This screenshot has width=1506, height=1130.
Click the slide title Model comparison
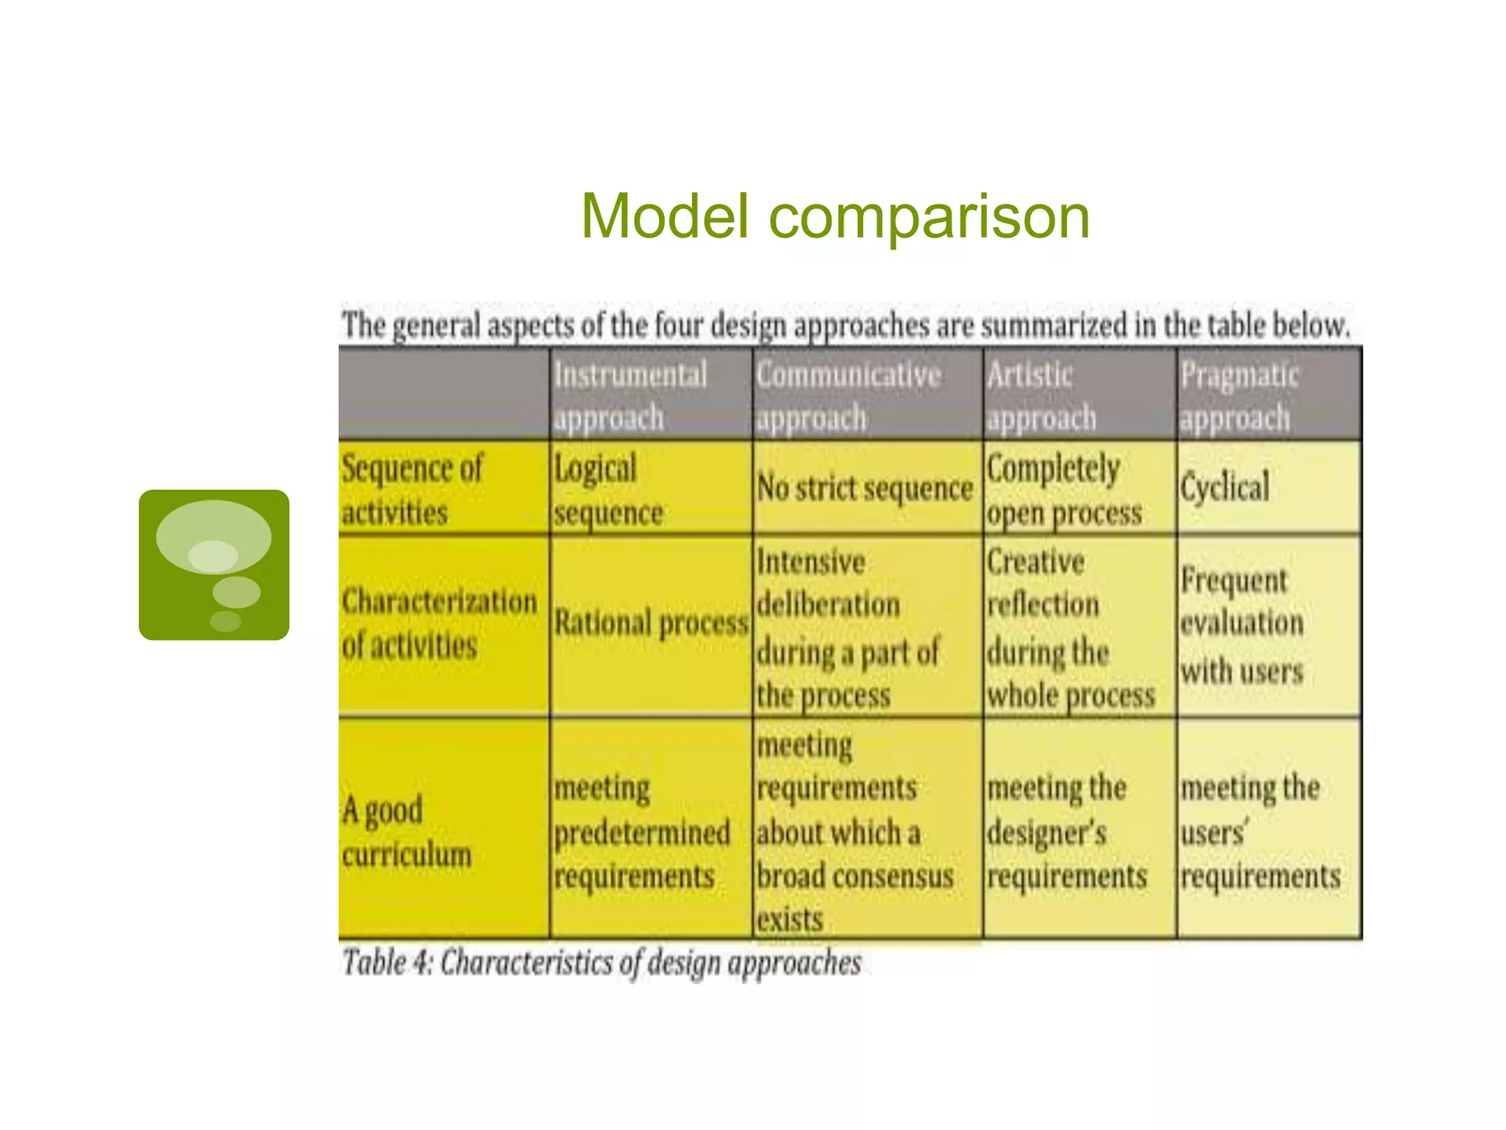tap(835, 216)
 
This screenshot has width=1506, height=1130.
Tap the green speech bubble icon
tap(214, 564)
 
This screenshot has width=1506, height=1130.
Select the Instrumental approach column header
tap(630, 396)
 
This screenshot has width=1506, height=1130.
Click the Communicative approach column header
tap(849, 396)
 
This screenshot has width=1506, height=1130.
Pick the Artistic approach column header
tap(1041, 396)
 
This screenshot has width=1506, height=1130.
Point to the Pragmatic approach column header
tap(1239, 396)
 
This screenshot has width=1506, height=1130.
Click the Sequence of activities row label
tap(413, 489)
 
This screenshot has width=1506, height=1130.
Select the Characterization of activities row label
tap(439, 624)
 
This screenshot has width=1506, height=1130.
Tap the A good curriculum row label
tap(406, 831)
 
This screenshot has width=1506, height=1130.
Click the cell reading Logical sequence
tap(608, 489)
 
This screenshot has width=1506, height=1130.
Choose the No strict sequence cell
tap(865, 488)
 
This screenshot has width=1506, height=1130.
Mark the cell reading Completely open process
tap(1063, 489)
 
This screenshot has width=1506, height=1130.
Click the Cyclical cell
tap(1225, 487)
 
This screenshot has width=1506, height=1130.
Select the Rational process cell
tap(651, 624)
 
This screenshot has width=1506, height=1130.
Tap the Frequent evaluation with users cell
tap(1242, 625)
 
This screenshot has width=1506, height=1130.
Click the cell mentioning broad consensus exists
tap(854, 831)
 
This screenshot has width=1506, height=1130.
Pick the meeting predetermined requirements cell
tap(641, 831)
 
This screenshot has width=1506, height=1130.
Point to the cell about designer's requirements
tap(1066, 831)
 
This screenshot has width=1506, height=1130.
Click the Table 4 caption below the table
tap(602, 962)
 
